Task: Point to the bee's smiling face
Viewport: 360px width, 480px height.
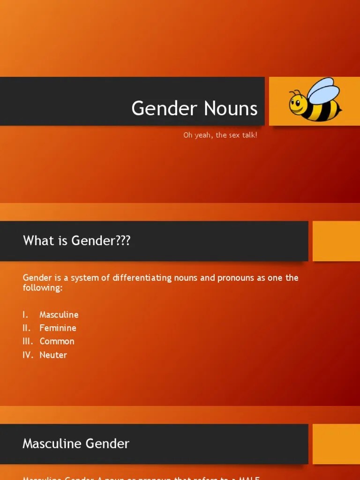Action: pos(297,104)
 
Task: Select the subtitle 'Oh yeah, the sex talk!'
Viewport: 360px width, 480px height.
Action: pos(220,135)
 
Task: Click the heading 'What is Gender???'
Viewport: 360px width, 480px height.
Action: pos(77,241)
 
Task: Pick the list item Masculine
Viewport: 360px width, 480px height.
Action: pos(59,315)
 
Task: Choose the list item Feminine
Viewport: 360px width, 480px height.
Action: pos(58,328)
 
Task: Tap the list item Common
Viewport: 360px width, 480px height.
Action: pos(57,341)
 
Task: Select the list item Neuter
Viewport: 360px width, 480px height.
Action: pos(53,355)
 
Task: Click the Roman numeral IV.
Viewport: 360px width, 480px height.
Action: pos(28,355)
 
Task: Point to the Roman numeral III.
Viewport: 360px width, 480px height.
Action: pos(28,341)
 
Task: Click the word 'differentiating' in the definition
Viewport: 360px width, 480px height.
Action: pos(141,278)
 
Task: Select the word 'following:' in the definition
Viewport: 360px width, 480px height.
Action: pos(43,288)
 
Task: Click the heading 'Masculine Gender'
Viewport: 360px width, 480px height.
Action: pos(76,443)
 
